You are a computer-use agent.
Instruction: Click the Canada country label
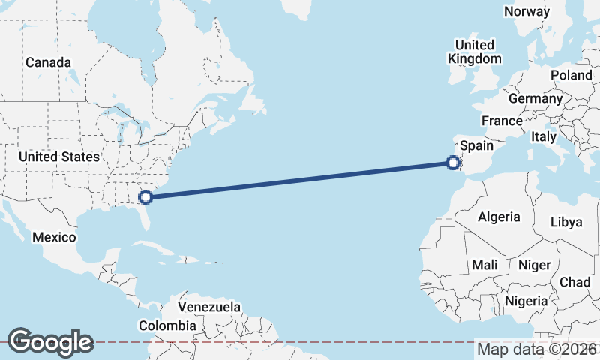pyautogui.click(x=49, y=62)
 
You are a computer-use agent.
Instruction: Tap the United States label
pyautogui.click(x=58, y=157)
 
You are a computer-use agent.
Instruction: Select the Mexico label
pyautogui.click(x=54, y=237)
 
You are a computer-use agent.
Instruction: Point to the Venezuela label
pyautogui.click(x=209, y=307)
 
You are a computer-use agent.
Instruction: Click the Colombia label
pyautogui.click(x=167, y=325)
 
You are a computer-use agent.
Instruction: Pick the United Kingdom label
pyautogui.click(x=475, y=52)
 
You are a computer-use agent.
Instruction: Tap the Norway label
pyautogui.click(x=526, y=11)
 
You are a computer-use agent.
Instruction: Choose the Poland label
pyautogui.click(x=571, y=75)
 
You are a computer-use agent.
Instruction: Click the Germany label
pyautogui.click(x=535, y=98)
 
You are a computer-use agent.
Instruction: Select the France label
pyautogui.click(x=502, y=121)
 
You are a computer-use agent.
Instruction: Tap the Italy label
pyautogui.click(x=543, y=136)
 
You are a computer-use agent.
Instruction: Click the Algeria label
pyautogui.click(x=499, y=217)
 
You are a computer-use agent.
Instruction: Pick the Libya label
pyautogui.click(x=565, y=222)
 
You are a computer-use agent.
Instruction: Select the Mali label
pyautogui.click(x=484, y=265)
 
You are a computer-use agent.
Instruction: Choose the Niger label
pyautogui.click(x=535, y=265)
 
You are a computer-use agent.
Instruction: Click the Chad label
pyautogui.click(x=574, y=282)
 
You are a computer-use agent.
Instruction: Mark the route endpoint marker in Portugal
pyautogui.click(x=452, y=162)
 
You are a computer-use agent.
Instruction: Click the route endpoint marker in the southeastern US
pyautogui.click(x=146, y=198)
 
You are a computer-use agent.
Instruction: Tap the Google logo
pyautogui.click(x=50, y=341)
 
